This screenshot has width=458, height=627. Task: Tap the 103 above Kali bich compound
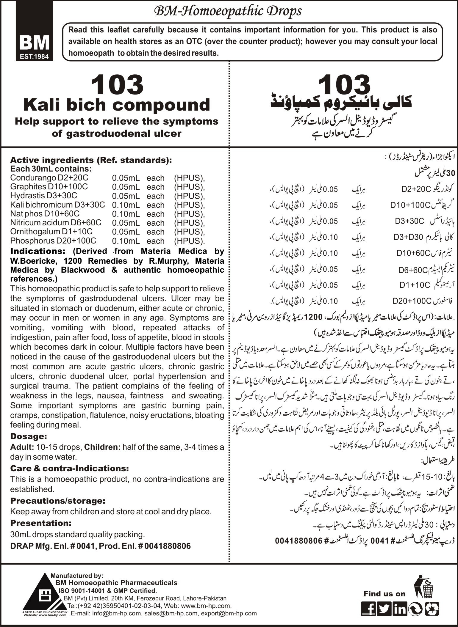tap(117, 85)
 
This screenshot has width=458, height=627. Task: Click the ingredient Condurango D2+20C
tap(49, 177)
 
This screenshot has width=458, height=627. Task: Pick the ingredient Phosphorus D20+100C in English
tap(53, 241)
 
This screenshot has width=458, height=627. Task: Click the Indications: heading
tap(38, 251)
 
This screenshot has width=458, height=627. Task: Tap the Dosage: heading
tap(29, 436)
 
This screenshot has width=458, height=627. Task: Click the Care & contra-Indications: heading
tap(69, 468)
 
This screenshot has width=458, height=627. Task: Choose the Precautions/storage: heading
tap(58, 501)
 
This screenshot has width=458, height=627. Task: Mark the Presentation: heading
tap(41, 523)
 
